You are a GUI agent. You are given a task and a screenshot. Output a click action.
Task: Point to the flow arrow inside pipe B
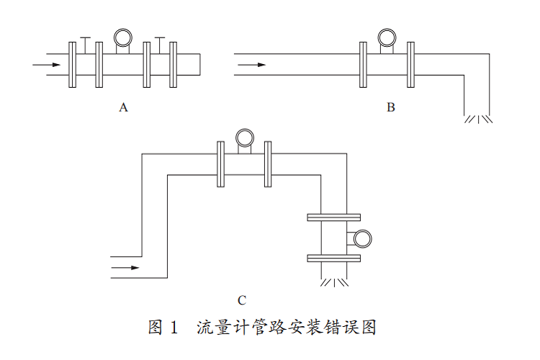click(x=251, y=66)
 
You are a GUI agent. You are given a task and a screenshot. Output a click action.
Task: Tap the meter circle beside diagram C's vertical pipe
click(x=363, y=237)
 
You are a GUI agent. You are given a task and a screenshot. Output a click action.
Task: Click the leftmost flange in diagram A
click(x=72, y=65)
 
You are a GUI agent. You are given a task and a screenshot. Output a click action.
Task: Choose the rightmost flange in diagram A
click(x=173, y=65)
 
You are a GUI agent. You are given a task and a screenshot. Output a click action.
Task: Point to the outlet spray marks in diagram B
click(x=478, y=119)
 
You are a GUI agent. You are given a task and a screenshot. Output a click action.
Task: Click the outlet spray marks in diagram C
click(x=333, y=282)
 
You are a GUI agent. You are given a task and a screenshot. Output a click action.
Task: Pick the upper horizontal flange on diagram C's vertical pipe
click(x=333, y=217)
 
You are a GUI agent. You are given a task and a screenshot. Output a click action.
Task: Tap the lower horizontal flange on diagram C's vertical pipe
click(x=333, y=258)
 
